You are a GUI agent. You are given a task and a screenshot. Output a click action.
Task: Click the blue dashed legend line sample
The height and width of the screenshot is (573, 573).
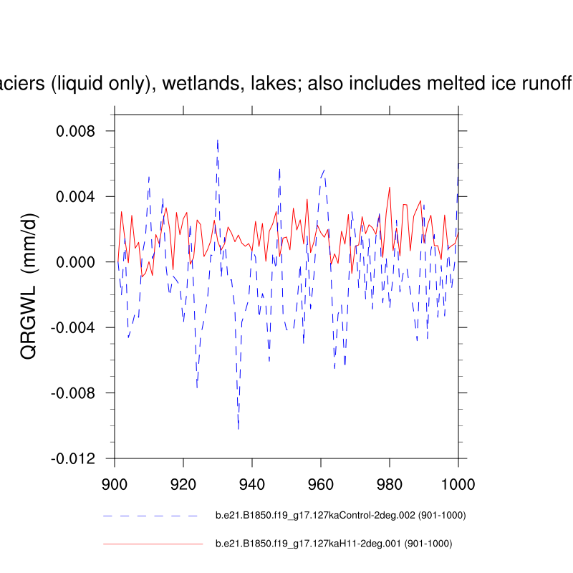[150, 515]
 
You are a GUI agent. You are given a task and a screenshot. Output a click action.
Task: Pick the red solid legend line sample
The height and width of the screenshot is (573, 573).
[153, 544]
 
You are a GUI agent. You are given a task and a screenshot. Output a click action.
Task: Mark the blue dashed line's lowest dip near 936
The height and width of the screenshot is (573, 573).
[239, 428]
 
